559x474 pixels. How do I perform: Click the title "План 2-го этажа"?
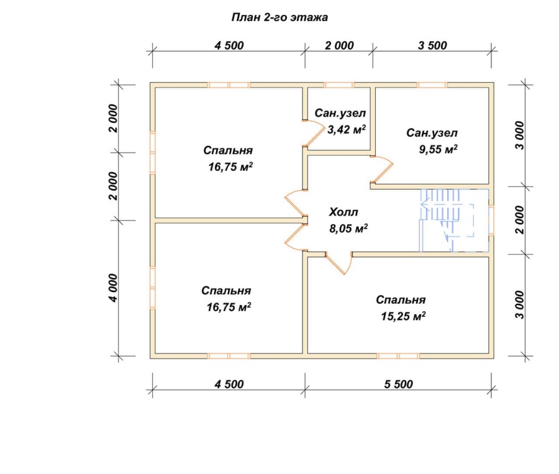[x=279, y=17]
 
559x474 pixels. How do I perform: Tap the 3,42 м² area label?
[x=347, y=129]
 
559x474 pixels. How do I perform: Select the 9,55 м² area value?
[x=438, y=148]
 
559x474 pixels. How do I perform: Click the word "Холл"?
[x=343, y=212]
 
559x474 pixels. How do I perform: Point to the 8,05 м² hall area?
[x=348, y=228]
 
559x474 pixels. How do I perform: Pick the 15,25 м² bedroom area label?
[x=403, y=316]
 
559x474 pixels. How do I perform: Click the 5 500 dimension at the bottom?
[x=398, y=384]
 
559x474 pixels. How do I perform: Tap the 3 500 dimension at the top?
[x=432, y=45]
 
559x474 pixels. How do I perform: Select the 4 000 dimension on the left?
[x=114, y=288]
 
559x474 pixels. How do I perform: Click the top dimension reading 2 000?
[x=339, y=45]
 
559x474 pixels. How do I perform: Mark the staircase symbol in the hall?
[x=454, y=220]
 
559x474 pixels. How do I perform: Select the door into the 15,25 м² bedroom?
[x=339, y=263]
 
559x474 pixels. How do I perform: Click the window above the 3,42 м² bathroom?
[x=339, y=85]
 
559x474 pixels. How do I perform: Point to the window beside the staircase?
[x=491, y=220]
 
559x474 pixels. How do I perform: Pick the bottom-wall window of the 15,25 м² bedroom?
[x=398, y=356]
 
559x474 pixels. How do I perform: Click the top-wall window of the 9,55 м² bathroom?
[x=432, y=85]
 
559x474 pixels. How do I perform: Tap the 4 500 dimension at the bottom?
[x=229, y=384]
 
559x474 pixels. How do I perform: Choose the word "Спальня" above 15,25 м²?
[x=401, y=300]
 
